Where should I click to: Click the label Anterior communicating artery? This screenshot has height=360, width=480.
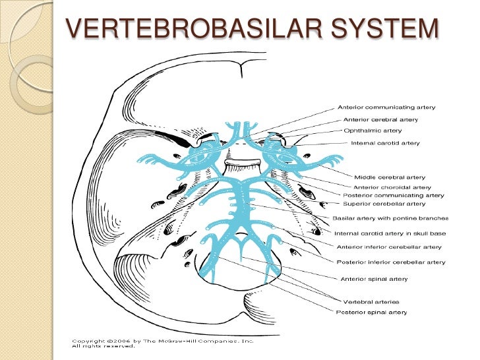386,107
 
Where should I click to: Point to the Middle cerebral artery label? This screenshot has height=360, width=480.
390,177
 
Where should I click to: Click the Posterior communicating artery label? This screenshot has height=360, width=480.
393,195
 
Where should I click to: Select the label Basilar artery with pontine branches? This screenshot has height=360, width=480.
390,218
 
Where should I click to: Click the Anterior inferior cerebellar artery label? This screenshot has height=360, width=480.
389,247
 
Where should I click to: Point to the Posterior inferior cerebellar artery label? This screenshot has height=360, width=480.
391,262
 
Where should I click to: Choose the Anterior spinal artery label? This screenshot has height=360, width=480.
374,279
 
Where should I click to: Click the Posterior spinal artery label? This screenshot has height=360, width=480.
371,312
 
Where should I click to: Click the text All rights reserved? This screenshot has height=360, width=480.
98,346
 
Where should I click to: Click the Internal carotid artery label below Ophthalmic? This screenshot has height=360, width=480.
385,142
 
